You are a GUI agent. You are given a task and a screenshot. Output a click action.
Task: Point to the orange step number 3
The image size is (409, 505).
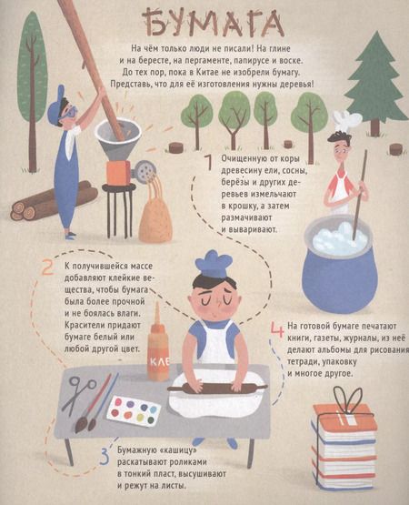coord(104,455)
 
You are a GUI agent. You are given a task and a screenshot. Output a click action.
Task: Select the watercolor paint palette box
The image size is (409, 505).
coord(134,410)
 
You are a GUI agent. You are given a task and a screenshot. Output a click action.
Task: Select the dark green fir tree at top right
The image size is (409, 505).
coord(375,77)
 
